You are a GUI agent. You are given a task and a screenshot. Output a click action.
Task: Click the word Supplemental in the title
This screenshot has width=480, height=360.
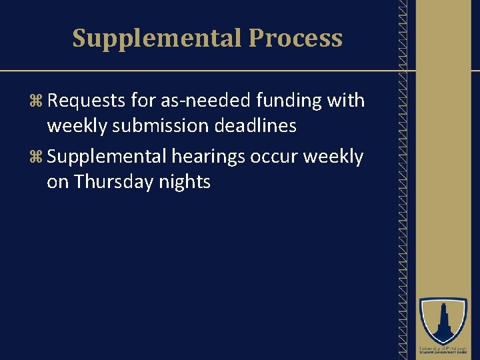coord(157,38)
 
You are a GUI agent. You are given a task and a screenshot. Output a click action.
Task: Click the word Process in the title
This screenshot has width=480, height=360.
coord(295,38)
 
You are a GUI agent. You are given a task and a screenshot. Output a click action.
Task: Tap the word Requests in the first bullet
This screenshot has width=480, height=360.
coord(87,101)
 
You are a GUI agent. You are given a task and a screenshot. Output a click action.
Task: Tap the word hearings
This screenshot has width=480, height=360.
coord(208,157)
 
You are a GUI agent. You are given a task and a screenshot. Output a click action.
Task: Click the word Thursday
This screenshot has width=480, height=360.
coord(114,181)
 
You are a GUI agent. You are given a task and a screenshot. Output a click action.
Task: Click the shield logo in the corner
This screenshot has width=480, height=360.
coord(443,321)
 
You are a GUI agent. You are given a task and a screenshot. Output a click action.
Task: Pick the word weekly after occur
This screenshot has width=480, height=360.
coord(333,157)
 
